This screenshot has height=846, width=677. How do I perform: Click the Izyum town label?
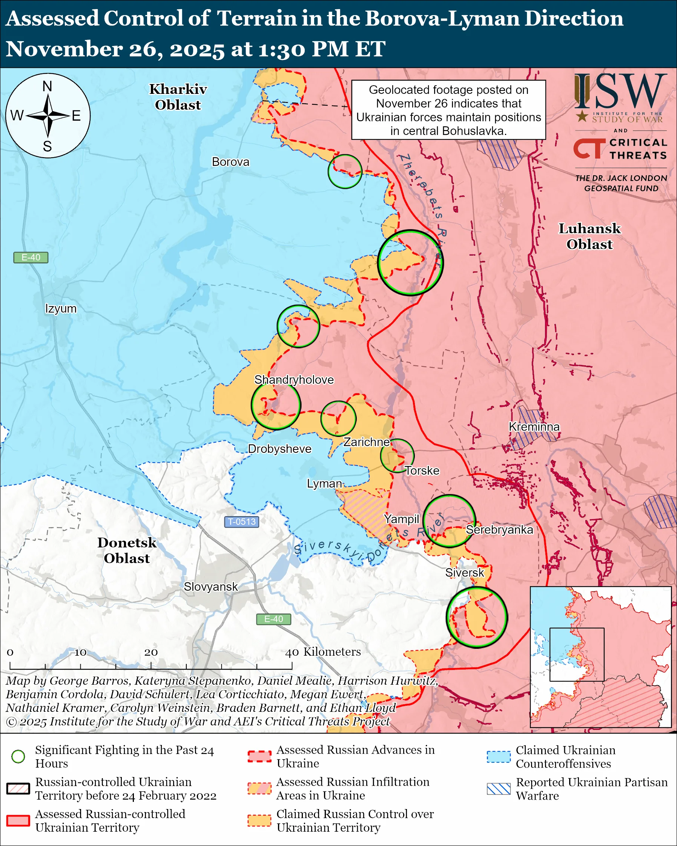[61, 308]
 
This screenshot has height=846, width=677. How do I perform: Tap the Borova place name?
[230, 162]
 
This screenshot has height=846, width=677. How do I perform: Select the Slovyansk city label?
[211, 587]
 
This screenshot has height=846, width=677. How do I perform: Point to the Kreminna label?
[534, 426]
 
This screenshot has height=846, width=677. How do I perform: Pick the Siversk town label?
[465, 573]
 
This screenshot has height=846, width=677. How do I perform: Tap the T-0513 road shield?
[242, 521]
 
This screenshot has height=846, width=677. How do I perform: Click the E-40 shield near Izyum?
[31, 257]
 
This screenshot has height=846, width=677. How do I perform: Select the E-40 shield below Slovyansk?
[273, 619]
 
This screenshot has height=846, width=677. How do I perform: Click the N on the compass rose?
[47, 86]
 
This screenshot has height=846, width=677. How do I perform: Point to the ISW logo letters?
[620, 92]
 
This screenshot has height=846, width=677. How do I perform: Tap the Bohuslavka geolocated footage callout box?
[448, 110]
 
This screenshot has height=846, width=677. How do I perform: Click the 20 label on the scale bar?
[151, 652]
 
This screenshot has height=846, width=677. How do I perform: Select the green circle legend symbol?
[18, 756]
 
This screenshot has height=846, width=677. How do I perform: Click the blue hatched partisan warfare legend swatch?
[499, 789]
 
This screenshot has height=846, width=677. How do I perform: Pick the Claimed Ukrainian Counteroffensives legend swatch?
[499, 757]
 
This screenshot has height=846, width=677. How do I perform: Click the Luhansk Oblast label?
[589, 236]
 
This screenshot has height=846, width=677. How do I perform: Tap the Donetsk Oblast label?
[127, 550]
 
